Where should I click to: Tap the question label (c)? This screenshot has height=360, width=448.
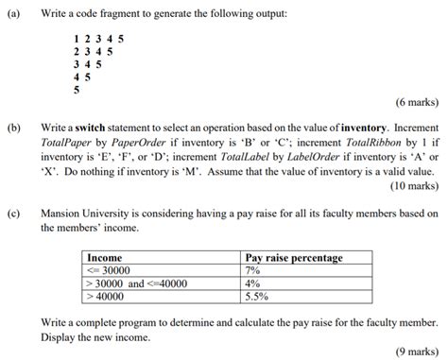(14, 214)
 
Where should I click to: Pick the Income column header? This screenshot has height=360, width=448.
(105, 257)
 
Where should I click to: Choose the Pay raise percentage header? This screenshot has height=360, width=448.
(294, 257)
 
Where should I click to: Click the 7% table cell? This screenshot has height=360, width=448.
(252, 269)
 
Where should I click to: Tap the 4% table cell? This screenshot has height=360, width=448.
(252, 282)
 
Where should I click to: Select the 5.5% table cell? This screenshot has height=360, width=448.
(256, 294)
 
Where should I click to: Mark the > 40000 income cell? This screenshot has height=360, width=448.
(106, 294)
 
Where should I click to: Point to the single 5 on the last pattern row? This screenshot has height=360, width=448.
(76, 90)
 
